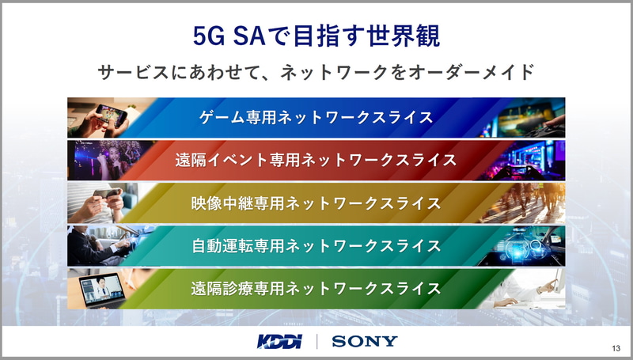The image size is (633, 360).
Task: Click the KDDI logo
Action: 279,342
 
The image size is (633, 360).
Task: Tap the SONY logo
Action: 365,342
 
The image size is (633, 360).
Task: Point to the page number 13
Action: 616,349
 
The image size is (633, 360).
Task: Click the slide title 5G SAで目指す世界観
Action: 316,36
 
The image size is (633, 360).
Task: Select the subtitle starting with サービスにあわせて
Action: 316,72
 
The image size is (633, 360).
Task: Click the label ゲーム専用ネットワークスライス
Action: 316,117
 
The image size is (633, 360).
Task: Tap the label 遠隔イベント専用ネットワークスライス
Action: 316,161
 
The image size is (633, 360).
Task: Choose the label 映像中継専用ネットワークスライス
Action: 316,203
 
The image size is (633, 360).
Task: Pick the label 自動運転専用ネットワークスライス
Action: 316,246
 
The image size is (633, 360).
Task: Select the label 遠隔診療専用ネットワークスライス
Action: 316,289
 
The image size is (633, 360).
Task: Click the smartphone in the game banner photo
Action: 111,115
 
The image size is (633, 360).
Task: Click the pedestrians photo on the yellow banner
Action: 525,203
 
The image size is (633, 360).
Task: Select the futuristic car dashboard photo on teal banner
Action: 525,246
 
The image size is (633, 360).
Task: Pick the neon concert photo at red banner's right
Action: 525,161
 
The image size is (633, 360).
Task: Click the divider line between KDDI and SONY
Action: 317,342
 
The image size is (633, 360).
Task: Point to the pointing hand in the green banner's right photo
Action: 547,286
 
